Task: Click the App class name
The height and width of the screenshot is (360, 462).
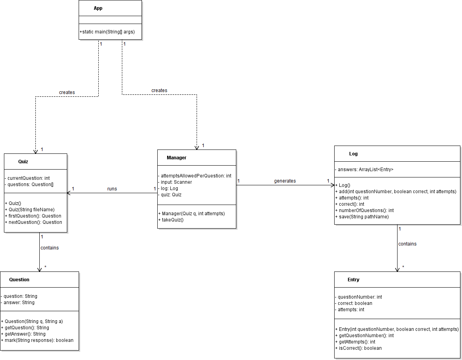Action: (x=98, y=8)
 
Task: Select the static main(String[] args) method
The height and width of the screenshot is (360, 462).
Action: (x=107, y=32)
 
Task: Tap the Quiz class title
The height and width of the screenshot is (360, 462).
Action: (x=23, y=162)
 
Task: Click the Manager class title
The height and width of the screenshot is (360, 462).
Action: (x=177, y=158)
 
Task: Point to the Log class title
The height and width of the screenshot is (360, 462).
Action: (x=353, y=154)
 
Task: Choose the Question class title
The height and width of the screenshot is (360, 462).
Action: (x=19, y=280)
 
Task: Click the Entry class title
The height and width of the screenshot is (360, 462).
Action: (x=353, y=280)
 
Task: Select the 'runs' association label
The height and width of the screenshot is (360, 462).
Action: (x=112, y=189)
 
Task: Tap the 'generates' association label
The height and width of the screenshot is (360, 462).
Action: (x=285, y=181)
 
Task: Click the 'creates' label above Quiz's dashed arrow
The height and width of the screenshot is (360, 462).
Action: (x=67, y=92)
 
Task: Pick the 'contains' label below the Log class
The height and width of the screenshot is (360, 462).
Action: (x=407, y=244)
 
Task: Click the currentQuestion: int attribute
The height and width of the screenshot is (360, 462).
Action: (x=27, y=178)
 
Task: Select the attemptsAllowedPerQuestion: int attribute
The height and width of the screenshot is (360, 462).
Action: (x=195, y=176)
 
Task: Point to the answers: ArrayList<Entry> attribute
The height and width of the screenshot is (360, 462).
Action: (x=364, y=170)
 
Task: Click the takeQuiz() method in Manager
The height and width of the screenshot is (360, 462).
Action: (x=171, y=220)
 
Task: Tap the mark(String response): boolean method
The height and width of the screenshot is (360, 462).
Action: (x=37, y=340)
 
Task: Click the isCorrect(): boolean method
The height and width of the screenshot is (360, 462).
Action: (x=358, y=348)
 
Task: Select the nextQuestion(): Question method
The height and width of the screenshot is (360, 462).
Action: (x=33, y=222)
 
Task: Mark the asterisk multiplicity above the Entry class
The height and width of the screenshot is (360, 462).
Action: (x=403, y=267)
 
